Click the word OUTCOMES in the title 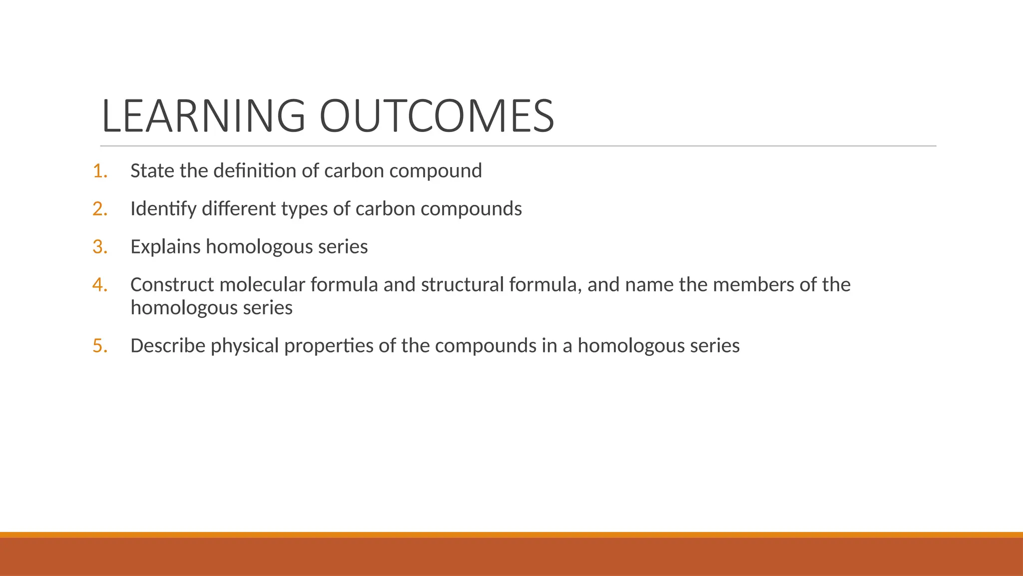click(x=436, y=116)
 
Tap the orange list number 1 click(x=100, y=171)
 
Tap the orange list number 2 click(x=100, y=209)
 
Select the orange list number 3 click(x=100, y=247)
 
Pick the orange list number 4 click(x=100, y=285)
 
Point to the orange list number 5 click(x=100, y=346)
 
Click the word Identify click(x=163, y=209)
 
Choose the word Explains click(x=165, y=247)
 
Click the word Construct click(x=172, y=285)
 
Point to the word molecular click(x=262, y=285)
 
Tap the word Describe click(x=168, y=346)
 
